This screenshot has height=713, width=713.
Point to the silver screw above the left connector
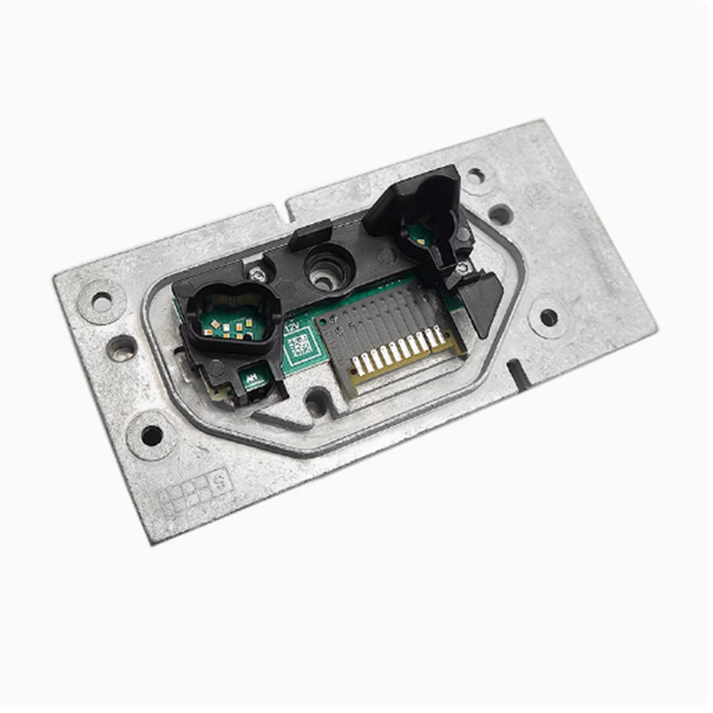coord(258,274)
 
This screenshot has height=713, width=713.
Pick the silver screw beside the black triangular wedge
coord(462,266)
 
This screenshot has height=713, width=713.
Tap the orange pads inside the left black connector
coord(234,324)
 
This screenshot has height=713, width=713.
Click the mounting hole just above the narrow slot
coord(548,316)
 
